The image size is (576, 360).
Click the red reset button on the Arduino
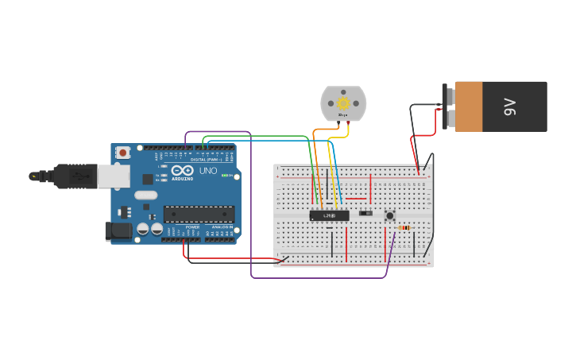pyautogui.click(x=123, y=153)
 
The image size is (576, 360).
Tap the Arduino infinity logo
pyautogui.click(x=183, y=171)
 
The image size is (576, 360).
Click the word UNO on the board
pyautogui.click(x=207, y=171)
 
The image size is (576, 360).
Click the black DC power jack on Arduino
pyautogui.click(x=118, y=231)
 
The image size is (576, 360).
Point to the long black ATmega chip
pyautogui.click(x=199, y=214)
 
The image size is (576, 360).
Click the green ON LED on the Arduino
pyautogui.click(x=225, y=176)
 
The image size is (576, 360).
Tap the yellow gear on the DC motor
pyautogui.click(x=343, y=103)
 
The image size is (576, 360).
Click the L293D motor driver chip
pyautogui.click(x=329, y=215)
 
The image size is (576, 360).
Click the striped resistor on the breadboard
pyautogui.click(x=404, y=228)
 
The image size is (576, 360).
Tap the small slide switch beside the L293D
pyautogui.click(x=365, y=213)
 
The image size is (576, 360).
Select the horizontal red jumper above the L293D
pyautogui.click(x=356, y=199)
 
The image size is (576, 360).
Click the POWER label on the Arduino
pyautogui.click(x=192, y=227)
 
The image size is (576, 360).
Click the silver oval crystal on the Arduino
pyautogui.click(x=146, y=195)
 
